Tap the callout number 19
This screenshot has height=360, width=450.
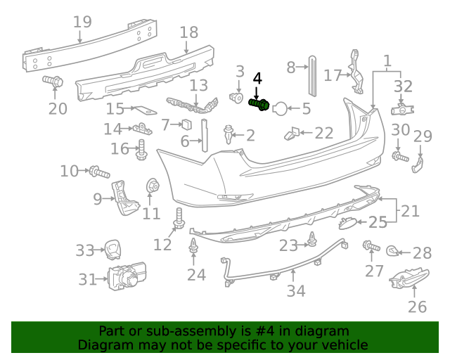pos(82,22)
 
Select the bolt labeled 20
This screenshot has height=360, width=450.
pos(53,82)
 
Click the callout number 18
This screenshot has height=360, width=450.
pos(188,32)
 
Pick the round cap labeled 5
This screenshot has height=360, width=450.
pos(279,108)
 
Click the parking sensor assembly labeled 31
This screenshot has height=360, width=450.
pos(127,279)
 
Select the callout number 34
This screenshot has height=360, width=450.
pos(296,289)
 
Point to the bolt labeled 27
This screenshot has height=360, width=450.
pos(368,246)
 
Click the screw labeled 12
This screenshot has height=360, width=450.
pos(179,219)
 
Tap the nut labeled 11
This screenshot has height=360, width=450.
pos(150,187)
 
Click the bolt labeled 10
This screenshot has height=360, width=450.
pos(97,171)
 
